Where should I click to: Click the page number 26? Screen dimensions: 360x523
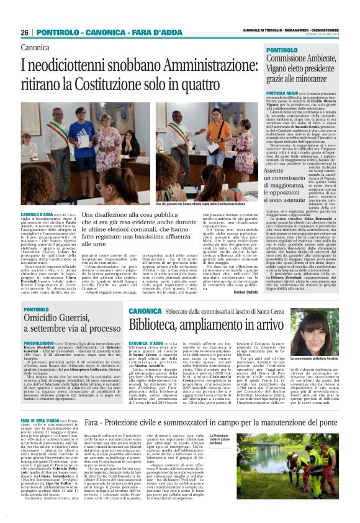click(x=24, y=32)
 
